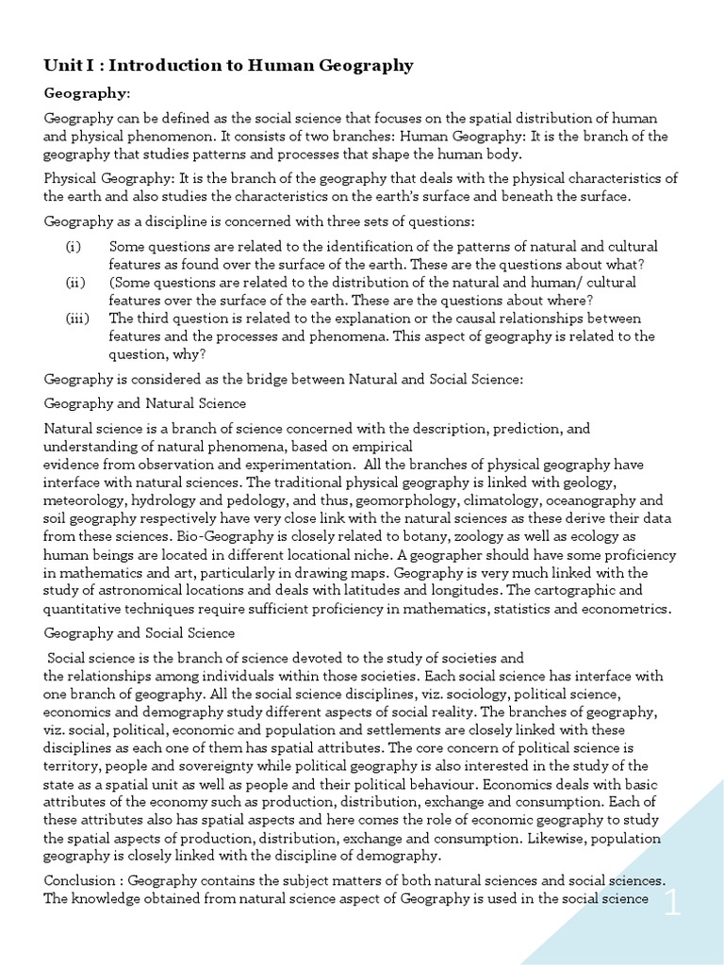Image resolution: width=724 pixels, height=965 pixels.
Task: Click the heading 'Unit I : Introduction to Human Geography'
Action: [229, 65]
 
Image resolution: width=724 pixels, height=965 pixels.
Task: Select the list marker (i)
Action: [74, 247]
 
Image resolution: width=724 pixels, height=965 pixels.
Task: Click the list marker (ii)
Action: [75, 282]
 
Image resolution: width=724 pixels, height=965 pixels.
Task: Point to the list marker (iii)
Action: [77, 318]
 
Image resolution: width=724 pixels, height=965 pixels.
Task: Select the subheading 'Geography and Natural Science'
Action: [145, 403]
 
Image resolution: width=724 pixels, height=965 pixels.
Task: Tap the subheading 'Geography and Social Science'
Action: [140, 633]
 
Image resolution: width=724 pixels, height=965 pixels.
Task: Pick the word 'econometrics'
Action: [627, 609]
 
